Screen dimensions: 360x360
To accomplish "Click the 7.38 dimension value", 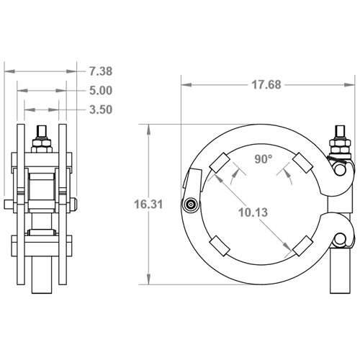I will point(101,71).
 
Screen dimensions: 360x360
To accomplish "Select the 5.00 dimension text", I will point(101,91).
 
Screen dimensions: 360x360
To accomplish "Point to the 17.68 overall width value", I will point(266,85).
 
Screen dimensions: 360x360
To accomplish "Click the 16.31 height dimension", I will point(148,204).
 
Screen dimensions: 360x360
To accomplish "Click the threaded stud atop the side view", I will point(41,132).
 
